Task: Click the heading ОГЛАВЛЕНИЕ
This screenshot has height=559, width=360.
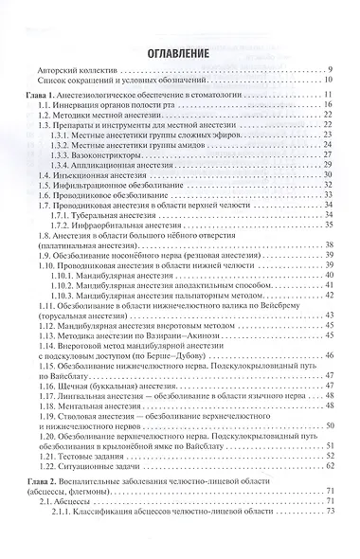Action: tap(179, 55)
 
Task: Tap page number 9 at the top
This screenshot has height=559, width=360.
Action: tap(329, 73)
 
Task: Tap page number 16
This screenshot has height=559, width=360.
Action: tap(327, 107)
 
